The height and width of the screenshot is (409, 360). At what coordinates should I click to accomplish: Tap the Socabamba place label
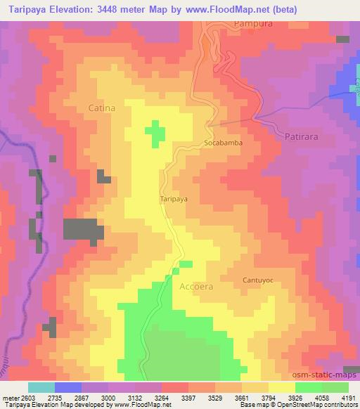pos(223,143)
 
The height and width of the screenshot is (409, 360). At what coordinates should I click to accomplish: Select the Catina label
pos(102,109)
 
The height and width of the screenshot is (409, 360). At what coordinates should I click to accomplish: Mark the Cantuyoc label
pos(258,279)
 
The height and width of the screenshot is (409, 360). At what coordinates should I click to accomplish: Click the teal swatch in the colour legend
pos(41,387)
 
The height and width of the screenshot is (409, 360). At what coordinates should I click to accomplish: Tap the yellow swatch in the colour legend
pos(282,387)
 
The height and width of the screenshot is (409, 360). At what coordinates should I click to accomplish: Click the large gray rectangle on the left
pos(81,230)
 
